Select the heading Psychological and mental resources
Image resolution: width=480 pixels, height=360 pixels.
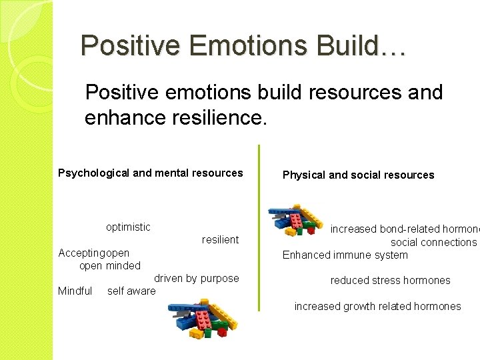point(151,173)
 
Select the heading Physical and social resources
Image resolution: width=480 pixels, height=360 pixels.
point(358,175)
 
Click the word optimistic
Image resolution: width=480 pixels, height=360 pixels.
point(128,227)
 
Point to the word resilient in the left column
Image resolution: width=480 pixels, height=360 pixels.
point(220,239)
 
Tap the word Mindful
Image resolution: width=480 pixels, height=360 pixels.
point(75,291)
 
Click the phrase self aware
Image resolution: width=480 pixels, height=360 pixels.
point(131,291)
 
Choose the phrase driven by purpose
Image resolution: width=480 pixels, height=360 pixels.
point(197,278)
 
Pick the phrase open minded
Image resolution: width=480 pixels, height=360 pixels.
point(110,265)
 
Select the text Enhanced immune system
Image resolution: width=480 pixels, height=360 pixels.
point(345,255)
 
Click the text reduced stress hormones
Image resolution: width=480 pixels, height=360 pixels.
point(390,280)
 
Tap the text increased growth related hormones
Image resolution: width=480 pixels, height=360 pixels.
point(377,306)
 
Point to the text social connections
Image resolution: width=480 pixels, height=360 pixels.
point(433,242)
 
